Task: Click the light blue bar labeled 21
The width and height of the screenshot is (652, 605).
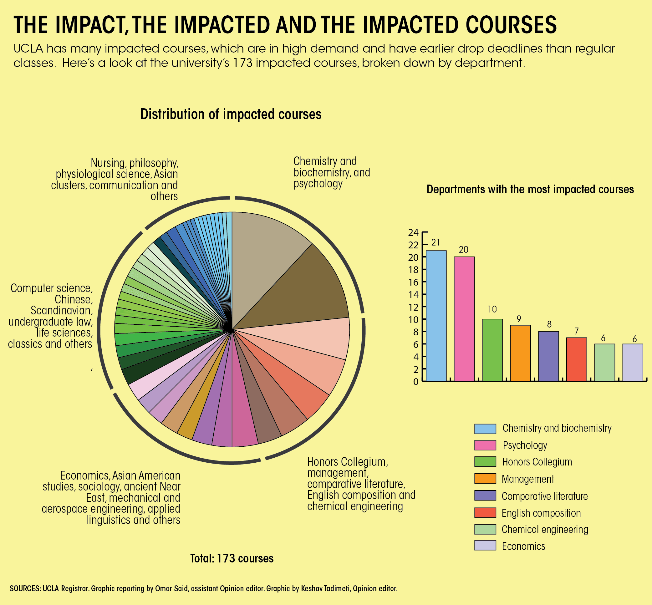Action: click(x=436, y=316)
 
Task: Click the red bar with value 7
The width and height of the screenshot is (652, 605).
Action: click(x=576, y=359)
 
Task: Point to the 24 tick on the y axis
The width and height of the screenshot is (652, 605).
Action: click(x=413, y=232)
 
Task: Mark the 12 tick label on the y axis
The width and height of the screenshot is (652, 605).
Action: click(x=413, y=307)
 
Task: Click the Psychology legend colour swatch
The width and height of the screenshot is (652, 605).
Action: click(x=485, y=445)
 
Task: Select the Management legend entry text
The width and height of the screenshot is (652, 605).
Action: click(x=527, y=479)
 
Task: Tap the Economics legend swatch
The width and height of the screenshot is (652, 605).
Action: click(x=485, y=546)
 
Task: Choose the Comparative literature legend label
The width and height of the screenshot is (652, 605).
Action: click(x=545, y=496)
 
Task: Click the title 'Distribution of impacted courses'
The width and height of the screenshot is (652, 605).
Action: click(x=231, y=114)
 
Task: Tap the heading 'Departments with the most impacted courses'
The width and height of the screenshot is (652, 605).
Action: click(x=530, y=189)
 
